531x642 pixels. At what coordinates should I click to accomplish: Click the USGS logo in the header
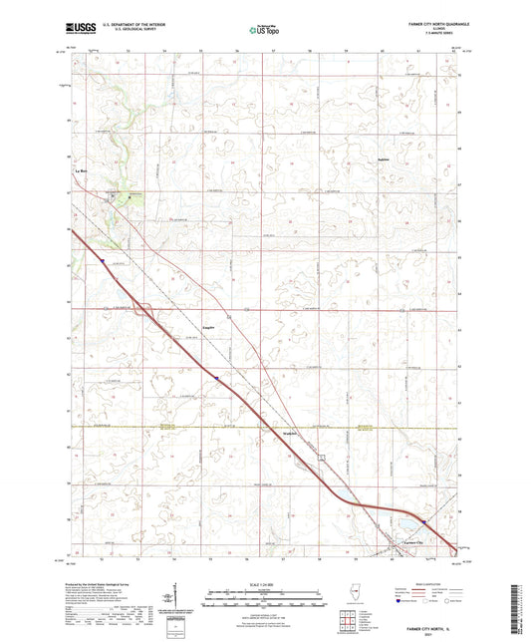(79, 29)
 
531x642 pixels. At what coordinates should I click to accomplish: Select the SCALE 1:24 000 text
(265, 582)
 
